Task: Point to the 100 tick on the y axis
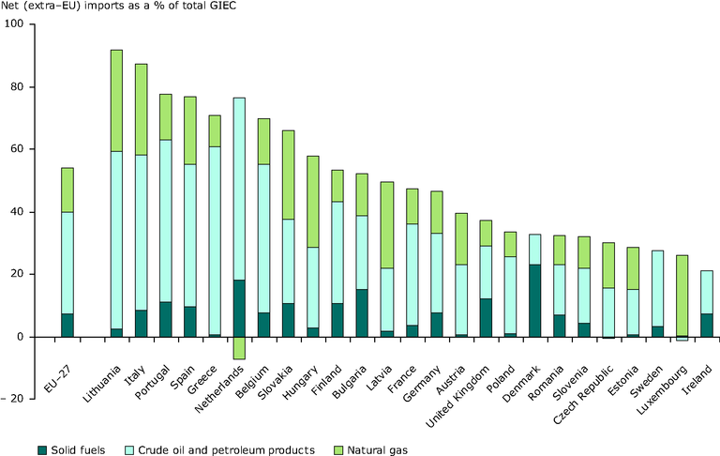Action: coord(16,24)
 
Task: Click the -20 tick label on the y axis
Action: coord(13,399)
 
